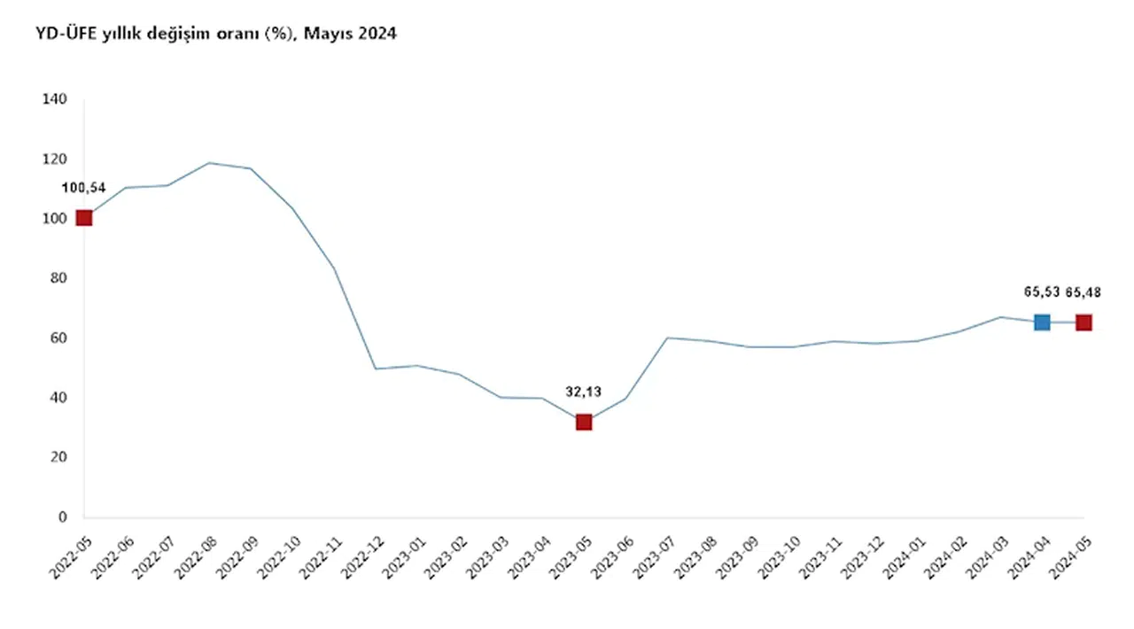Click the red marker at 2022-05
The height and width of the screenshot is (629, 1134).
(84, 218)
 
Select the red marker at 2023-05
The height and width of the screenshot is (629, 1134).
(584, 422)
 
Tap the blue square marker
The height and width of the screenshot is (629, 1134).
(1042, 322)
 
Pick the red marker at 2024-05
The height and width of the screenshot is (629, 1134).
(1084, 322)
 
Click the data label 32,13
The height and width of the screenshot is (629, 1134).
(583, 391)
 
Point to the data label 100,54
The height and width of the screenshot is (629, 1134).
(82, 188)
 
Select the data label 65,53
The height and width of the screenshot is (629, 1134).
(1041, 292)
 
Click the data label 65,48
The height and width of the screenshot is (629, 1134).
(1084, 292)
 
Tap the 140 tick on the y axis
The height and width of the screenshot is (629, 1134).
(55, 99)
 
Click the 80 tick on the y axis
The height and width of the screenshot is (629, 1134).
(58, 278)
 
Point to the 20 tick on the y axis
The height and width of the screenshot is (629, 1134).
(58, 457)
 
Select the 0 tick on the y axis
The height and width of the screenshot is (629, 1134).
(62, 516)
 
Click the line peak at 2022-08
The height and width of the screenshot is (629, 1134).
(209, 163)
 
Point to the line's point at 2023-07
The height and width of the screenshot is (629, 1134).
(667, 338)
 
